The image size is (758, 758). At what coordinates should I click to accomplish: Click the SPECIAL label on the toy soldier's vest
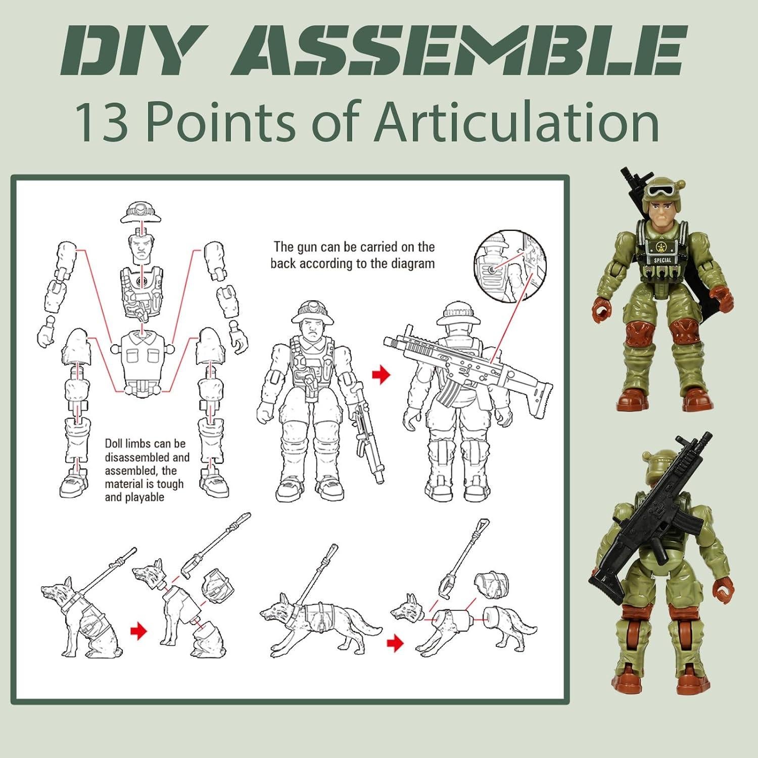[x=662, y=260]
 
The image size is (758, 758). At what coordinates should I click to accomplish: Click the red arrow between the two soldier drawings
[x=382, y=374]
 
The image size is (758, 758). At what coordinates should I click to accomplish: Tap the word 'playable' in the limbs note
[x=134, y=497]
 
